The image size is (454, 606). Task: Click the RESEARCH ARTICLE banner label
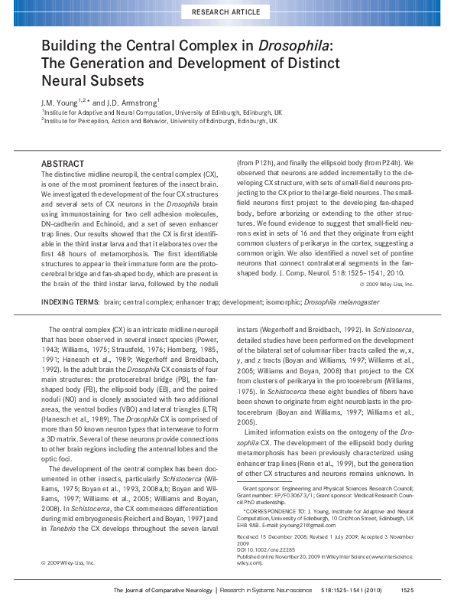(226, 11)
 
